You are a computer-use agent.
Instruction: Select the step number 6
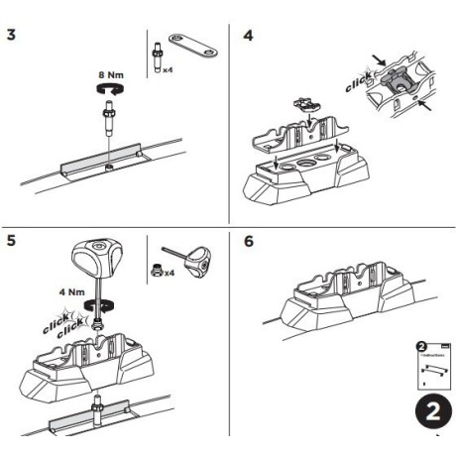[249, 242]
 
